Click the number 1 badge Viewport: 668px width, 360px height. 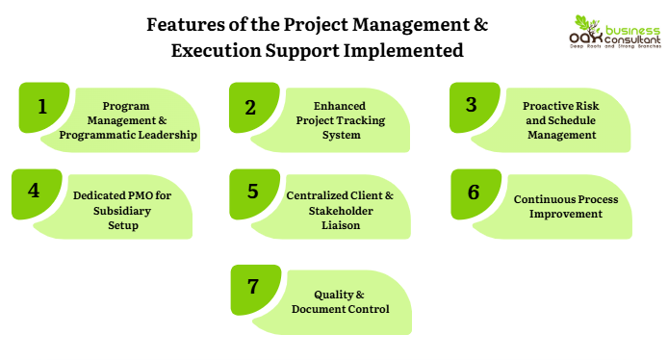(43, 107)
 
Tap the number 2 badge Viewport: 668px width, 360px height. (252, 107)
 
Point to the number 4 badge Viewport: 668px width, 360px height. (36, 191)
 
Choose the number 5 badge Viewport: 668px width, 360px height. (252, 191)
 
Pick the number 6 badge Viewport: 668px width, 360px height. (475, 191)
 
